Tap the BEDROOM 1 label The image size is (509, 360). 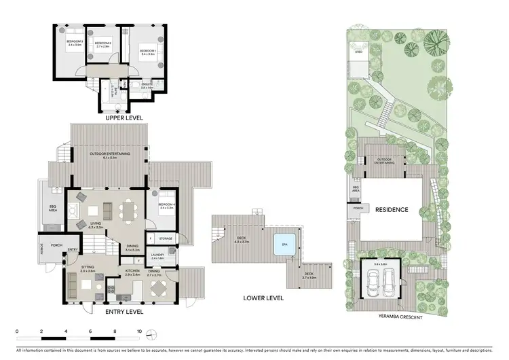pos(147,52)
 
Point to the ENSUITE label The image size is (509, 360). pos(147,86)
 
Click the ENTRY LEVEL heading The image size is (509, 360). pos(124,312)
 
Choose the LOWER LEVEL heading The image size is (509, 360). pos(265,297)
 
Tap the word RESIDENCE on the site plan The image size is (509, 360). pos(392,210)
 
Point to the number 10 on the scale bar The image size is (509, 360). pos(139,331)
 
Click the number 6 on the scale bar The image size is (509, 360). pos(90,331)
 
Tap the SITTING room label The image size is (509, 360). pos(88,268)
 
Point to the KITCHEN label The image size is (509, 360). pos(132,270)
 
